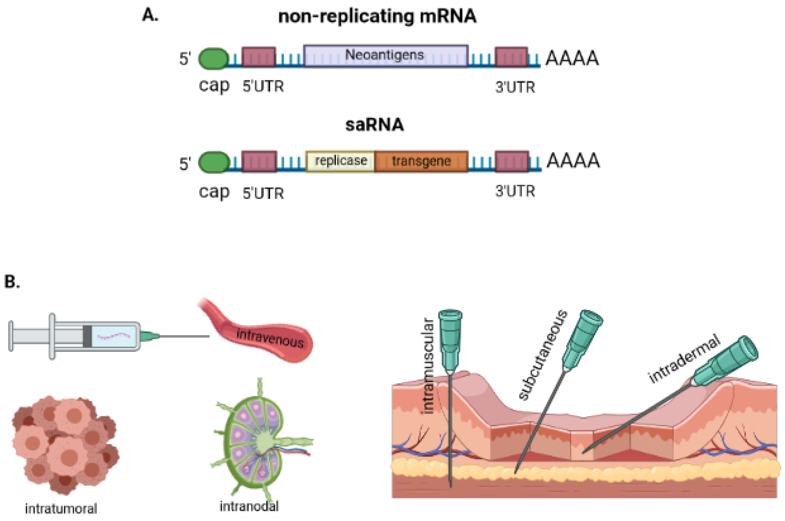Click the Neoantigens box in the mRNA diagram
click(386, 56)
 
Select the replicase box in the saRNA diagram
click(340, 162)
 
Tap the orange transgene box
click(422, 162)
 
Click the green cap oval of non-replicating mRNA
click(214, 59)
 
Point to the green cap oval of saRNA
click(214, 163)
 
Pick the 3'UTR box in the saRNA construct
click(512, 162)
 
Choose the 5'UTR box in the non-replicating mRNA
click(259, 57)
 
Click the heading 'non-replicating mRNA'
click(377, 16)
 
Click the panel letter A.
click(150, 15)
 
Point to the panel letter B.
click(12, 281)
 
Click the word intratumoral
click(61, 509)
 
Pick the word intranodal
click(249, 506)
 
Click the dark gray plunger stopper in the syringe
click(87, 336)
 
